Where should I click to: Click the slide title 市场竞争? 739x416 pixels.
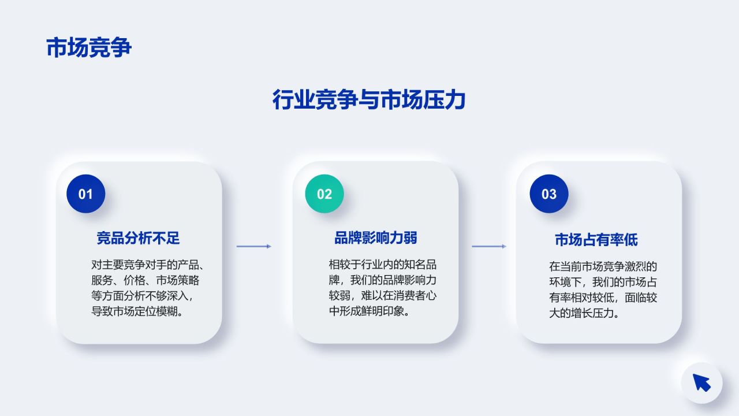coord(89,47)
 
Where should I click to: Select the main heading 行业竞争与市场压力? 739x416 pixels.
coord(369,100)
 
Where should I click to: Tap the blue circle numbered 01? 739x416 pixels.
coord(85,194)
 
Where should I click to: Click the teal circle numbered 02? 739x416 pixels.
coord(324,194)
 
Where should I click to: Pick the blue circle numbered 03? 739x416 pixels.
coord(549,194)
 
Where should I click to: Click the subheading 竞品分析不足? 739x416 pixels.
coord(139,237)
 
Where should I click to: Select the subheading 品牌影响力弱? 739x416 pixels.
coord(376,237)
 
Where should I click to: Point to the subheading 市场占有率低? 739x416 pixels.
coord(596,240)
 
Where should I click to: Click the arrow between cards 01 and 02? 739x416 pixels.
coord(254,246)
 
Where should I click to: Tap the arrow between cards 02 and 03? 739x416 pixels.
coord(489,246)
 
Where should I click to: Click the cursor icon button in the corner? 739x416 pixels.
coord(701,382)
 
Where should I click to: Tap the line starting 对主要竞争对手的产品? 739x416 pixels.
coord(148,265)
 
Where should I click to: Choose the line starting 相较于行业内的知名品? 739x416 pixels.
coord(383,265)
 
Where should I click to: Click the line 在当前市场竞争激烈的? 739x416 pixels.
coord(603,267)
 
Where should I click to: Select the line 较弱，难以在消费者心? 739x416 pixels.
coord(383,296)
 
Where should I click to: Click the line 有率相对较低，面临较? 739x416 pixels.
coord(603,298)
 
